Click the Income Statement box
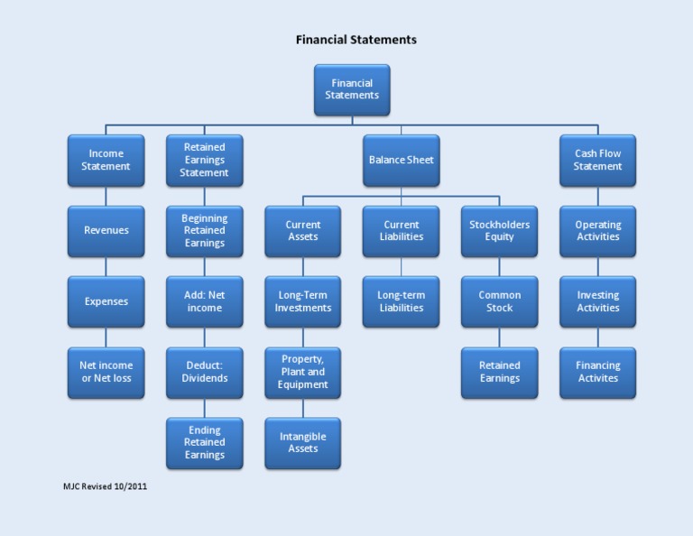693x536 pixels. coord(106,161)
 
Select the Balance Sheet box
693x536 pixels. coord(402,161)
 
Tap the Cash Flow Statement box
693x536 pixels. coord(597,161)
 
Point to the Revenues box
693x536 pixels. coord(106,231)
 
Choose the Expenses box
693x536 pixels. coord(106,301)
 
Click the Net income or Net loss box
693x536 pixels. coord(106,372)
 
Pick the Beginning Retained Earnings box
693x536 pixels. coord(205,231)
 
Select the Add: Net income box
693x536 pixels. coord(205,301)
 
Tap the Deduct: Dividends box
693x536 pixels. coord(205,372)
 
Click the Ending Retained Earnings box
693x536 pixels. coord(205,442)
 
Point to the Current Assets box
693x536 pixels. coord(303,231)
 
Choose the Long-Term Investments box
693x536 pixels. coord(303,301)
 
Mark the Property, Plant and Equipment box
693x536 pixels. coord(303,372)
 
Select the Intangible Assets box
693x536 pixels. coord(303,442)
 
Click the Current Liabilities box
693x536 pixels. coord(402,231)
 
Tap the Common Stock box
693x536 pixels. coord(500,301)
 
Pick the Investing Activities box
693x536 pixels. coord(597,301)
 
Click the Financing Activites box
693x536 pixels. coord(597,372)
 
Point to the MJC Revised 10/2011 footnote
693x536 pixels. coord(105,486)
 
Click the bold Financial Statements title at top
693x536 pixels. coord(356,40)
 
